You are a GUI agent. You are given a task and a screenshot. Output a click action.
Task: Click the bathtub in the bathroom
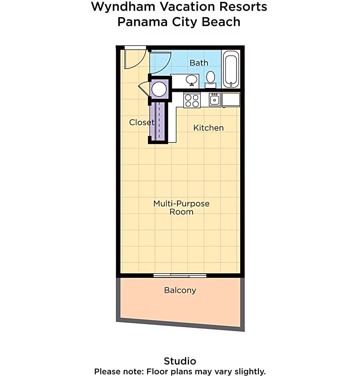(x=230, y=69)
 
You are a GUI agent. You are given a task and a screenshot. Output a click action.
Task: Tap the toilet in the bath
(x=211, y=78)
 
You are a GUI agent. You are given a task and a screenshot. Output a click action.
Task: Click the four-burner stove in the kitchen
(x=192, y=100)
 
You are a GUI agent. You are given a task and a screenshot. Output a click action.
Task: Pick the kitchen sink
(x=215, y=99)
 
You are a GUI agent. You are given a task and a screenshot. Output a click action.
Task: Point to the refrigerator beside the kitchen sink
(x=231, y=100)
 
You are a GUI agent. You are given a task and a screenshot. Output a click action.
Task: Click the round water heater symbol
(x=159, y=89)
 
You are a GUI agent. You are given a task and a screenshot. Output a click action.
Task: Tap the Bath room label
(x=199, y=63)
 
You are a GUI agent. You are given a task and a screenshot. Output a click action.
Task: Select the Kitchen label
(x=208, y=128)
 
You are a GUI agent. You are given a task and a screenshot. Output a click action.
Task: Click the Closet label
(x=141, y=122)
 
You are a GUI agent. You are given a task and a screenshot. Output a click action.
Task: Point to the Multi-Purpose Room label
(x=181, y=208)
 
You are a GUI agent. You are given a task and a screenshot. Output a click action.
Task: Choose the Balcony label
(x=180, y=290)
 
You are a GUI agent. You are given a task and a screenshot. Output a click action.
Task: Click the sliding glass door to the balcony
(x=180, y=275)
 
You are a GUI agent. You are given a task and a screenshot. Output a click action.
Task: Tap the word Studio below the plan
(x=180, y=361)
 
